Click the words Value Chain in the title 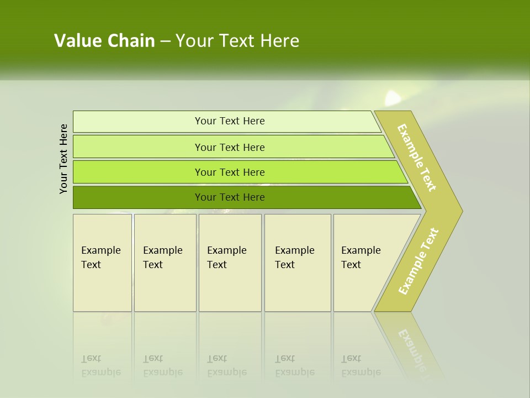[104, 41]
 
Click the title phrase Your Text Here [237, 41]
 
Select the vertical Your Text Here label [63, 159]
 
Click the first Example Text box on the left [102, 263]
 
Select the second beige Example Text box [165, 263]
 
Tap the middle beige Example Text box [230, 263]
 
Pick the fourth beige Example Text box [298, 263]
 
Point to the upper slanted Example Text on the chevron [417, 158]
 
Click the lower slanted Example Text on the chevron [418, 261]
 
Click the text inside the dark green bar [230, 197]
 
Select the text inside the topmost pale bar [230, 121]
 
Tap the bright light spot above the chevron [393, 98]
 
